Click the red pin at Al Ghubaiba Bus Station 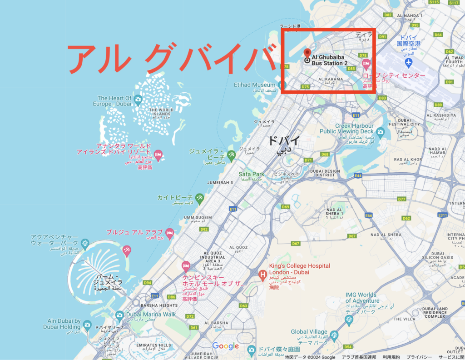[307, 53]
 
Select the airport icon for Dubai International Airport [409, 61]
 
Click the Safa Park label [251, 174]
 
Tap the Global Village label [309, 332]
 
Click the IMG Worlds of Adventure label [362, 298]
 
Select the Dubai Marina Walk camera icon [119, 315]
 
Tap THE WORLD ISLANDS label [161, 110]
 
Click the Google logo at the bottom [226, 346]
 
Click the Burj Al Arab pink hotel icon [170, 233]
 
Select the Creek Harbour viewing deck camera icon [380, 132]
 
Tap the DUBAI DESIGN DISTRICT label [325, 174]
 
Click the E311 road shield [443, 215]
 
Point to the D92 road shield [204, 230]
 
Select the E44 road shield [358, 175]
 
